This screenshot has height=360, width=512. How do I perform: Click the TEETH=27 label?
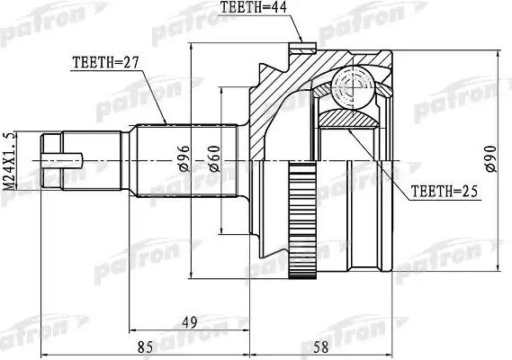106,63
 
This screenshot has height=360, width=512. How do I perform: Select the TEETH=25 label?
443,191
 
